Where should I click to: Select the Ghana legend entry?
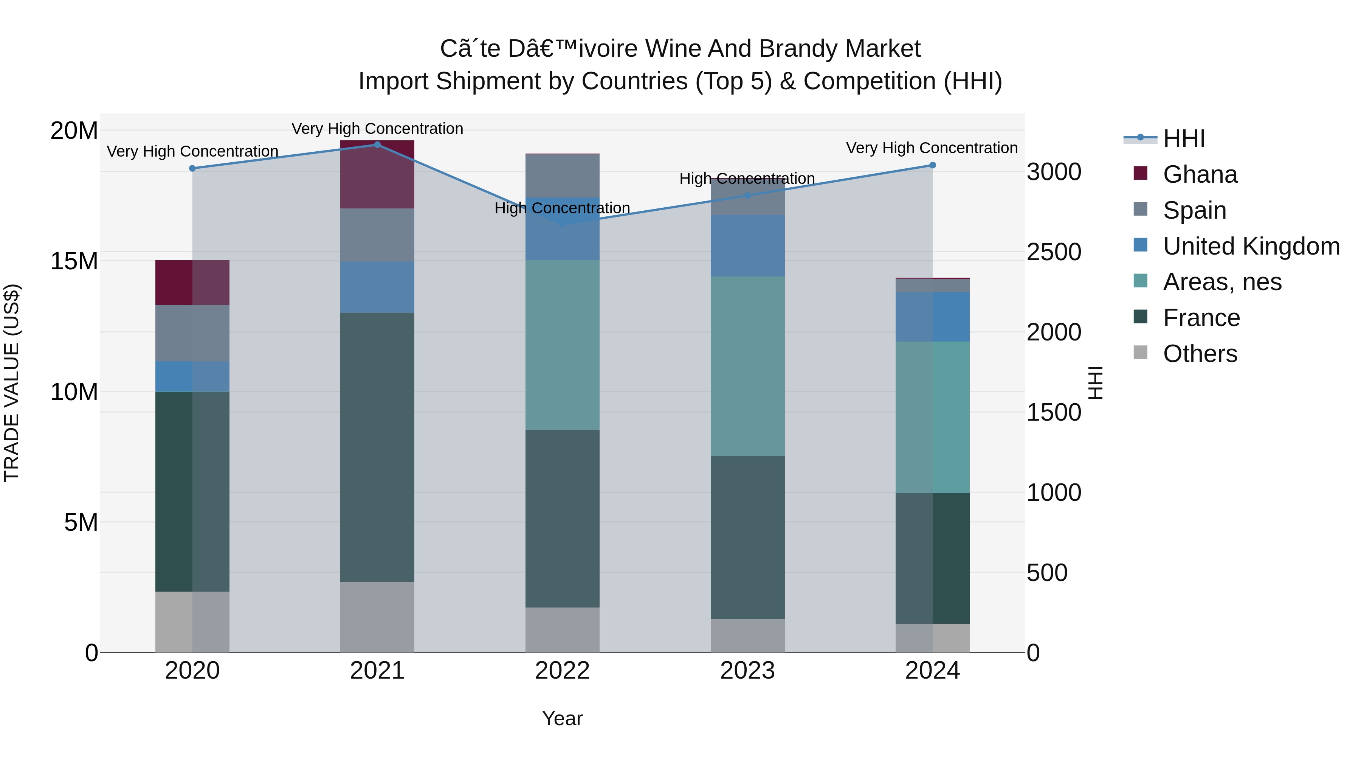tap(1199, 174)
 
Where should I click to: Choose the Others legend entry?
tap(1199, 354)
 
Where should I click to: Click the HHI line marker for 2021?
tap(377, 145)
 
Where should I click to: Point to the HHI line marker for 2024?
tap(933, 165)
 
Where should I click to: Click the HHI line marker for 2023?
tap(747, 196)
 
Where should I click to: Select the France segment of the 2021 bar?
tap(377, 447)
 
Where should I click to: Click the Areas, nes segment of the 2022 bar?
tap(562, 345)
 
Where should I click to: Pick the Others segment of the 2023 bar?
tap(747, 635)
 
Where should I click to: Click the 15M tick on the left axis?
tap(74, 261)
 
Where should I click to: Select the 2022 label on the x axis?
tap(562, 671)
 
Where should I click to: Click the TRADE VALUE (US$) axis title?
tap(12, 383)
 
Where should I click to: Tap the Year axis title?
tap(562, 718)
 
